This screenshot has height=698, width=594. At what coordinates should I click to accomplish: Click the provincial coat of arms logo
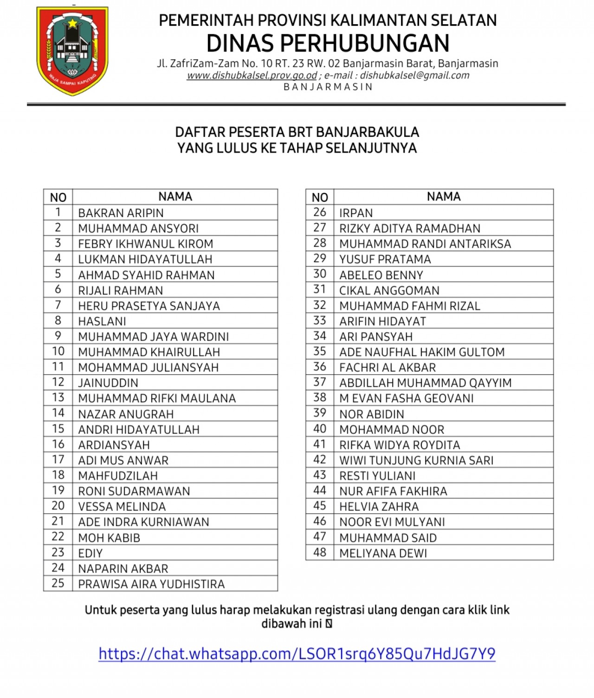72,51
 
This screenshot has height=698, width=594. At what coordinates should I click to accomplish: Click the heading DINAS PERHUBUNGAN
328,44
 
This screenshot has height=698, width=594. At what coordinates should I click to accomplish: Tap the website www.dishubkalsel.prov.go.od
252,76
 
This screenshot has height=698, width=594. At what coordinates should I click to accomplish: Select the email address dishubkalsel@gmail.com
414,76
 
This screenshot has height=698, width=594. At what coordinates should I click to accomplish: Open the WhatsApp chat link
297,653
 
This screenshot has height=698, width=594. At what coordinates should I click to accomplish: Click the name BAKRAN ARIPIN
121,213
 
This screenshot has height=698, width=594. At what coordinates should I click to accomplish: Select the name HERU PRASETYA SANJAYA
148,306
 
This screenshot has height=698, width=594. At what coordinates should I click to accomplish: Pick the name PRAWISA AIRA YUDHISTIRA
151,584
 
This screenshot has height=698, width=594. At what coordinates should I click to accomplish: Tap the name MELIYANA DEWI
383,553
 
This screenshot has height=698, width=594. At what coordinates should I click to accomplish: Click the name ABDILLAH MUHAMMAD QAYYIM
425,383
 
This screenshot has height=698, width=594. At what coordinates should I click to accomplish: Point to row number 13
58,398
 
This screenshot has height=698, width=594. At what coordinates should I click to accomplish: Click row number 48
320,553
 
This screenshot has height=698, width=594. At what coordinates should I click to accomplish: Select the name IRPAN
356,213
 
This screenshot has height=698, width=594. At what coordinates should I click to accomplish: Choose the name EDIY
90,553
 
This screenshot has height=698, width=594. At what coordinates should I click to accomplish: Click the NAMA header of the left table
175,197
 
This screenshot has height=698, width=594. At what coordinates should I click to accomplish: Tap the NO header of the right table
320,198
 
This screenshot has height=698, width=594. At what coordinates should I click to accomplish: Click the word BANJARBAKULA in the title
368,132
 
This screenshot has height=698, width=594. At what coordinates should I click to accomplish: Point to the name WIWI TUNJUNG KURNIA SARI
416,461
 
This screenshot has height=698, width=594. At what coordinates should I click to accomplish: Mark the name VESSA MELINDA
122,507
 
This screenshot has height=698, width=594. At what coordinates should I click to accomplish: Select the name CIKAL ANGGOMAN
389,291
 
